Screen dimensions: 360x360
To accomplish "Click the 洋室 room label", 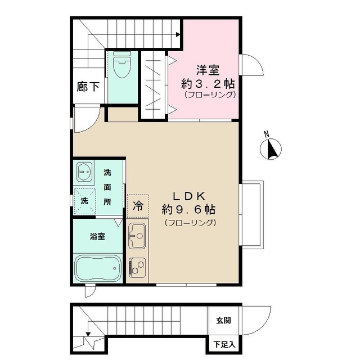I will click(x=208, y=70).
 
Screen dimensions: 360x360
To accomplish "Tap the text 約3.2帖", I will click(x=208, y=83).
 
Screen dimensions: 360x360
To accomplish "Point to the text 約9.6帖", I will click(x=188, y=209).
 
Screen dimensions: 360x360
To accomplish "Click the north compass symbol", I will click(x=271, y=149).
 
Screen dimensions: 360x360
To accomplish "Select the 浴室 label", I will click(x=97, y=236).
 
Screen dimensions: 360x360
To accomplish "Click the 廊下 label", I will click(x=88, y=87).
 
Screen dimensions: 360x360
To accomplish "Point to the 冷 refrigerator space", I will click(x=137, y=206).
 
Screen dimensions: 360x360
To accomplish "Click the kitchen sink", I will click(x=137, y=235).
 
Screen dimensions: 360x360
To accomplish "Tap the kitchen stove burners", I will click(x=137, y=266).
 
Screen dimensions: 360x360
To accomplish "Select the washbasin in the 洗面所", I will click(x=85, y=171).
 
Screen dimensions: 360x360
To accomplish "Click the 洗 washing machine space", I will click(x=84, y=200).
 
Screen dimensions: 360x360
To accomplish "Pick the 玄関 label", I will click(x=223, y=321).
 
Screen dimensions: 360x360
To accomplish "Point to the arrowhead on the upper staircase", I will click(x=178, y=35).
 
